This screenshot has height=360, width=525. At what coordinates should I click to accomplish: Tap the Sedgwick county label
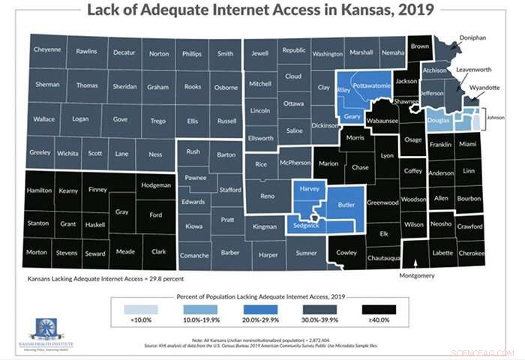304,223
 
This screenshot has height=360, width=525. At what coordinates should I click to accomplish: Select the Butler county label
346,205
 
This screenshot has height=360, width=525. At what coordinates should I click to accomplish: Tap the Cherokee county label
472,253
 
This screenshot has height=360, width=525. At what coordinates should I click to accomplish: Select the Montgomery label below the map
417,276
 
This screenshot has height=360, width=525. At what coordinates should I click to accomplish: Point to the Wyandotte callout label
484,88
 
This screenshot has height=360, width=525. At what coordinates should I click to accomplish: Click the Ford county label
154,216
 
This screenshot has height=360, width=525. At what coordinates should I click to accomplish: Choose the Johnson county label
495,118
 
